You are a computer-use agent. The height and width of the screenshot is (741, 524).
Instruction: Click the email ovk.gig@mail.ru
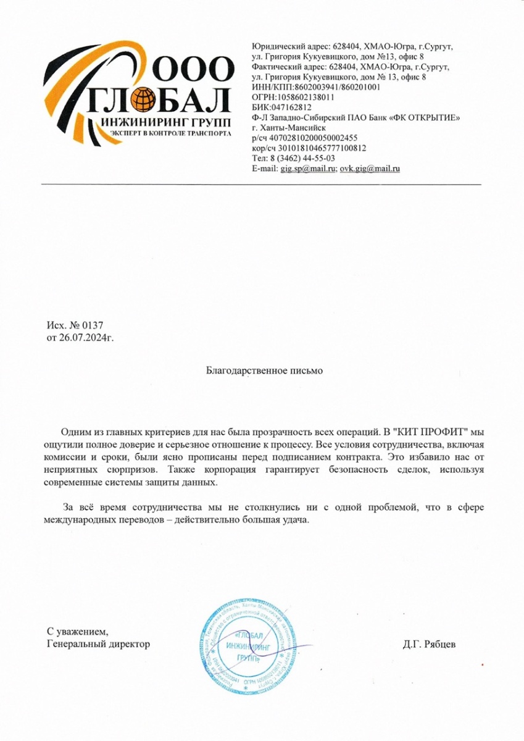point(370,168)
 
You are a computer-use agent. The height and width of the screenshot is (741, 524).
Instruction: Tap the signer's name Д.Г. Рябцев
point(429,644)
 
